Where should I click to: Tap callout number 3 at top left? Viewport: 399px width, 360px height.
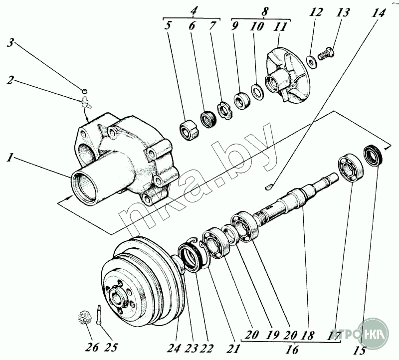coord(9,43)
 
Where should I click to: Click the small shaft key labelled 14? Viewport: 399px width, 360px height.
coord(268,186)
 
